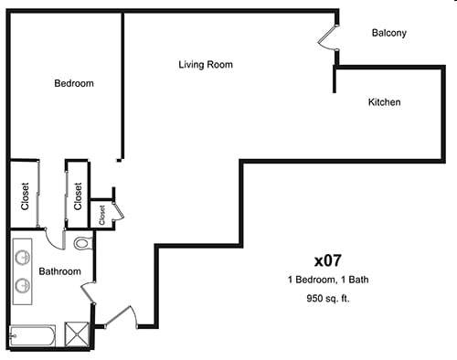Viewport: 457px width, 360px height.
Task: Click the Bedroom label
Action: point(74,83)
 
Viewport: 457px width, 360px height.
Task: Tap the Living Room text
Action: point(205,65)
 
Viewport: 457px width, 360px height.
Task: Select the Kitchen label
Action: point(384,102)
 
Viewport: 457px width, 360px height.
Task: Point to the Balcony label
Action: point(388,33)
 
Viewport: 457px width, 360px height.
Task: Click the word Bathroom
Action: point(59,271)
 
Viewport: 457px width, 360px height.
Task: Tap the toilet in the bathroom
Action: point(82,244)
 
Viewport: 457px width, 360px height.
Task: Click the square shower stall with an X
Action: point(80,335)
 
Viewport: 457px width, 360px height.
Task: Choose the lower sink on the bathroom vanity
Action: point(23,285)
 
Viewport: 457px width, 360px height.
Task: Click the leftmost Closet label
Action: point(25,195)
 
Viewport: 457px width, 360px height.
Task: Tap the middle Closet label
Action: point(78,195)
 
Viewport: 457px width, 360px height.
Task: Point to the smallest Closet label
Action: point(102,214)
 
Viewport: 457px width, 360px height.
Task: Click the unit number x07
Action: point(326,258)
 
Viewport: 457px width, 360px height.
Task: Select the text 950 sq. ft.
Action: point(326,299)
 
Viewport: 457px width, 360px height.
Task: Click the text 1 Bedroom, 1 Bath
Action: point(326,279)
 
